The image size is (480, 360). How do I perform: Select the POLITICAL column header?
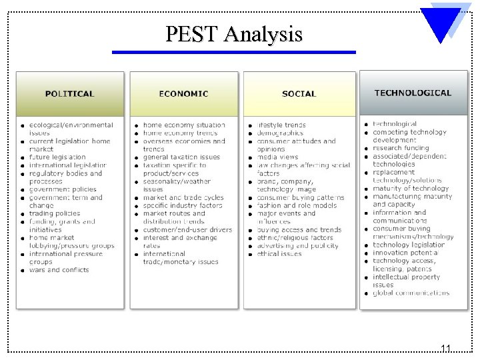point(70,93)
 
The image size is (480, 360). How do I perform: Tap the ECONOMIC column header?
point(183,93)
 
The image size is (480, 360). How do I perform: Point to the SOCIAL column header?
point(299,93)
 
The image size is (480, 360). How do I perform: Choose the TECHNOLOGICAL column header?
point(413,93)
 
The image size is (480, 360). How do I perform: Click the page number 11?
point(445,348)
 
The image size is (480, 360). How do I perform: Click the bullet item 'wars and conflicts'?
point(59,270)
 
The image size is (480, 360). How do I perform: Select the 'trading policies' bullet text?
point(55,213)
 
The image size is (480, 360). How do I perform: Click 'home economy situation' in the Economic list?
point(184,125)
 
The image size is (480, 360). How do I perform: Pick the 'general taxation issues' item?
point(181,157)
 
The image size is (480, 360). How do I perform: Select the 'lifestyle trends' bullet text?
point(281,125)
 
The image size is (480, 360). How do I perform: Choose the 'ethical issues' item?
point(279,254)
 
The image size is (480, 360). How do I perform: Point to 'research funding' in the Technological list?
point(401,148)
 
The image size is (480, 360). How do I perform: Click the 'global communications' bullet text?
point(411,293)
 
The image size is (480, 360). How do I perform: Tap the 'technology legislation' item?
point(409,245)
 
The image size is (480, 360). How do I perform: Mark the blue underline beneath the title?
point(233,52)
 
